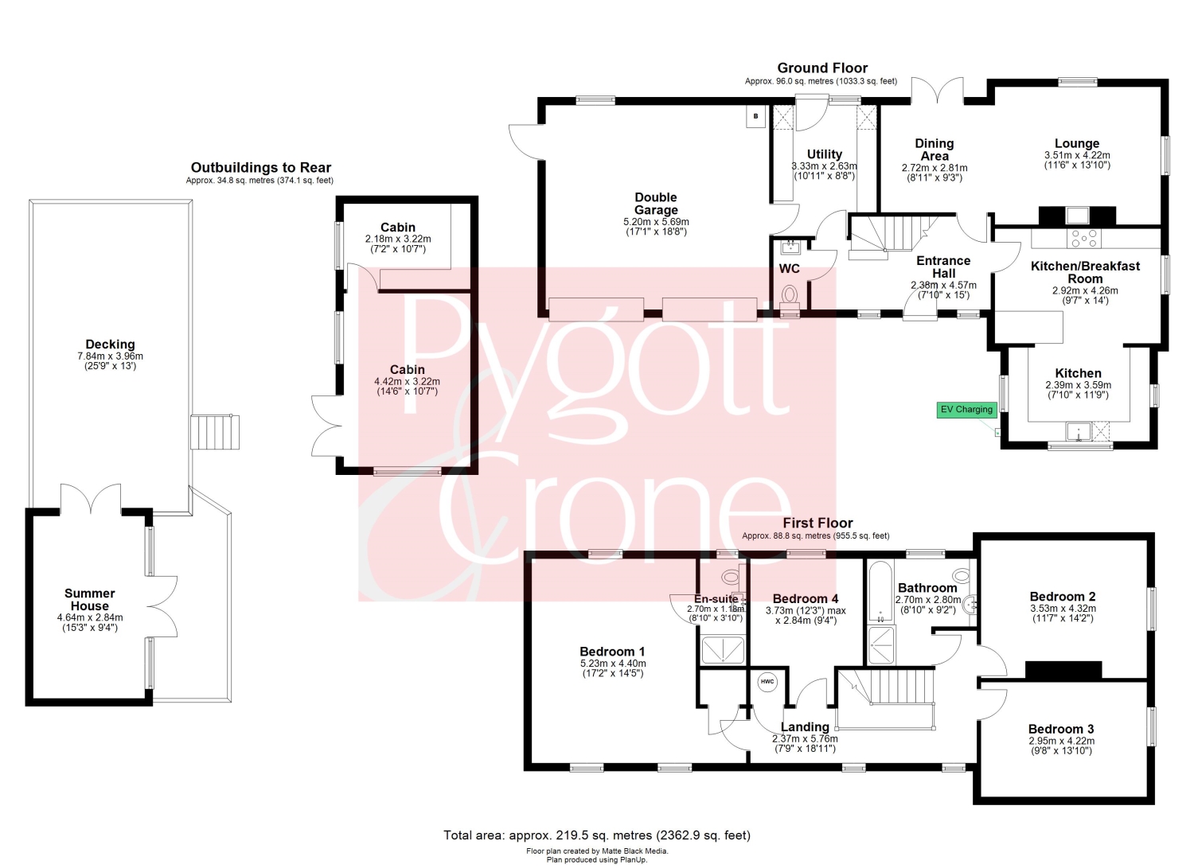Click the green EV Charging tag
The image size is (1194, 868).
966,410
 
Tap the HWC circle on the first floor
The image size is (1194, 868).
767,682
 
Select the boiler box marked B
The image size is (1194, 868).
755,116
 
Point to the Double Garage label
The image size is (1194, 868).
656,204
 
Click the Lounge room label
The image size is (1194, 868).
1077,143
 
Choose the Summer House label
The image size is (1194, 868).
89,599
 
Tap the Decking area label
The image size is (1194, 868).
111,344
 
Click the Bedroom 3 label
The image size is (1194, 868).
1061,729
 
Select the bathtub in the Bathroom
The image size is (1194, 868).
880,591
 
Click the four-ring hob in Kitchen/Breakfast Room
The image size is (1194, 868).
1083,238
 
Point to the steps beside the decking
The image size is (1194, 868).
215,432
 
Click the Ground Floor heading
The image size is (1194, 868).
822,68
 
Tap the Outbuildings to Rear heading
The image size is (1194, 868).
260,167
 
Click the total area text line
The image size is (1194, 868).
596,835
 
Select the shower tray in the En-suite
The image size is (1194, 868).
722,649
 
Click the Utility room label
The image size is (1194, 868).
824,154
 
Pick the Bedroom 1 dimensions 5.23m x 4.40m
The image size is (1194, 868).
612,664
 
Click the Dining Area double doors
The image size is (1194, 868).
937,90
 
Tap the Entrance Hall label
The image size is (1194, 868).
943,267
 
